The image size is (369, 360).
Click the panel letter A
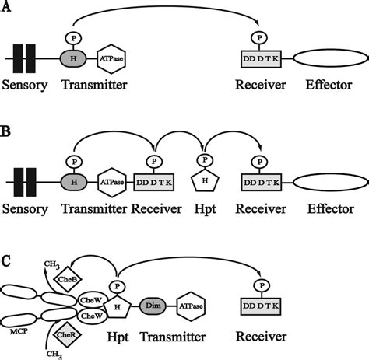7,10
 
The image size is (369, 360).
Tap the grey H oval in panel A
72,58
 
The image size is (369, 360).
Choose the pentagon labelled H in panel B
205,181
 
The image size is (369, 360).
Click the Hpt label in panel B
203,211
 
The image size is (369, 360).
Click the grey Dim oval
152,309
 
